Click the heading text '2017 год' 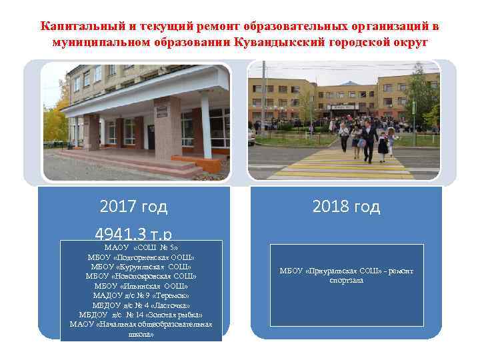(x=133, y=207)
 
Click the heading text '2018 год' (x=347, y=207)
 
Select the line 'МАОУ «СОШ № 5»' (x=141, y=247)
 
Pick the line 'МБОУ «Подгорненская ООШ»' (x=141, y=257)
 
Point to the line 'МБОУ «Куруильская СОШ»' (x=141, y=267)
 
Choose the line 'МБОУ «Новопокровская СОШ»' (x=141, y=276)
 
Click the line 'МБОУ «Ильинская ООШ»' (x=141, y=286)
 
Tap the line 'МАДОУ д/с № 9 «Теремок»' (x=141, y=295)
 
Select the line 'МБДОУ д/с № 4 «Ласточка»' (x=141, y=305)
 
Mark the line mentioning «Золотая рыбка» (x=141, y=315)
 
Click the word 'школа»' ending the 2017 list (x=141, y=333)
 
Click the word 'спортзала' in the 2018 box (x=347, y=281)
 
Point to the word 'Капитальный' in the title (x=79, y=26)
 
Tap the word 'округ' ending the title (x=411, y=42)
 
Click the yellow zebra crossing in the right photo (x=347, y=163)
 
